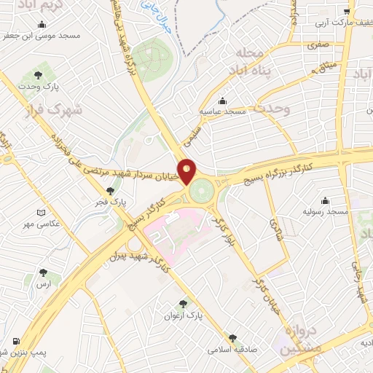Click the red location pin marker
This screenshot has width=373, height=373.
(x=187, y=171)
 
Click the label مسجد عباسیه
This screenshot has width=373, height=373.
(x=223, y=111)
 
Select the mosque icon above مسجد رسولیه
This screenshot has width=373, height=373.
(x=325, y=200)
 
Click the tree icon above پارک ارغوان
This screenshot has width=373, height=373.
(x=183, y=304)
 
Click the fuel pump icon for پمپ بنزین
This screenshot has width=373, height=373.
(x=16, y=341)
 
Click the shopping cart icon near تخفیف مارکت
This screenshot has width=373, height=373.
(x=347, y=12)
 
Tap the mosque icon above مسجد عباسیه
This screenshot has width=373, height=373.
(x=222, y=101)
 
